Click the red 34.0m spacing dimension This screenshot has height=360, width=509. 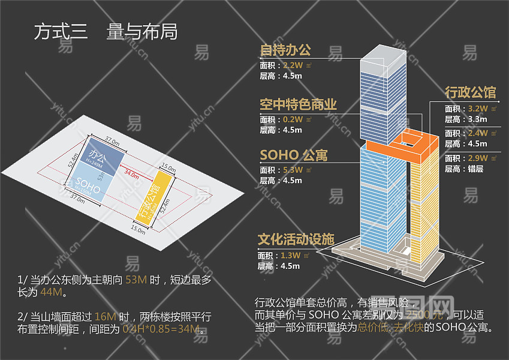click(131, 175)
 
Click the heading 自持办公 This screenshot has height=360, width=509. click(285, 49)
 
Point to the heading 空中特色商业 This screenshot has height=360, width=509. click(298, 104)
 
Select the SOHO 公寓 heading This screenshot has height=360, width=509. click(293, 156)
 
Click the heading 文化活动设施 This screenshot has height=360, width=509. click(296, 239)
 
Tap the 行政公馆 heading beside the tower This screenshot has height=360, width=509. click(470, 92)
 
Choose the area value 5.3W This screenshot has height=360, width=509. click(293, 170)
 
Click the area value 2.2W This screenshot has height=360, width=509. click(293, 65)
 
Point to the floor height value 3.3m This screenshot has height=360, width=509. click(477, 119)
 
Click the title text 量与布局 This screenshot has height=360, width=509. click(141, 31)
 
